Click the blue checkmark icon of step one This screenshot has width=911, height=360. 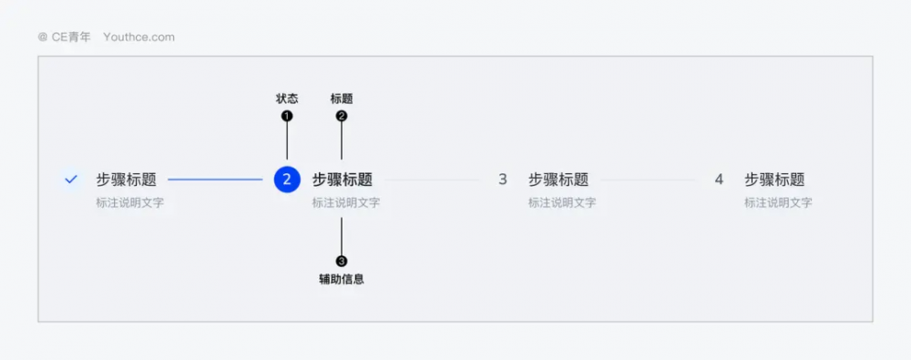click(71, 180)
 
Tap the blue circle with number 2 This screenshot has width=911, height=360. click(287, 180)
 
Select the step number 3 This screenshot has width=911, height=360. click(503, 180)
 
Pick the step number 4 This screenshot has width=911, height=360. click(719, 180)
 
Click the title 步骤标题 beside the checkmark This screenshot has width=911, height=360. click(126, 180)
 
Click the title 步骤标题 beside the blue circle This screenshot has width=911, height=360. click(343, 180)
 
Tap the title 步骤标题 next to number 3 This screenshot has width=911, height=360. click(558, 180)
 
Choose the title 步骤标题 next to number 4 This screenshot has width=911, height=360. click(774, 180)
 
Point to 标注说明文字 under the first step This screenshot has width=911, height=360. click(129, 203)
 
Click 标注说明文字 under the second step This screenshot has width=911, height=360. click(345, 203)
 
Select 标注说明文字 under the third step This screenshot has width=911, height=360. click(562, 203)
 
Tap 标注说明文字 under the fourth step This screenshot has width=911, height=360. click(778, 203)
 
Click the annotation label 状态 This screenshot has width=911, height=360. click(287, 98)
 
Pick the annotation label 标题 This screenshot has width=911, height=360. click(342, 98)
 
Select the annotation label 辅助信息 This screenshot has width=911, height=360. click(342, 279)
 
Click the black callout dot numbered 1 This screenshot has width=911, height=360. click(287, 117)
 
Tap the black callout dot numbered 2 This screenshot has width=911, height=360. click(342, 117)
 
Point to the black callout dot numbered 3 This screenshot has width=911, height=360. click(342, 262)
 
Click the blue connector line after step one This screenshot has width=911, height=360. click(216, 180)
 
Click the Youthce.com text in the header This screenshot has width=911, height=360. click(138, 37)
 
